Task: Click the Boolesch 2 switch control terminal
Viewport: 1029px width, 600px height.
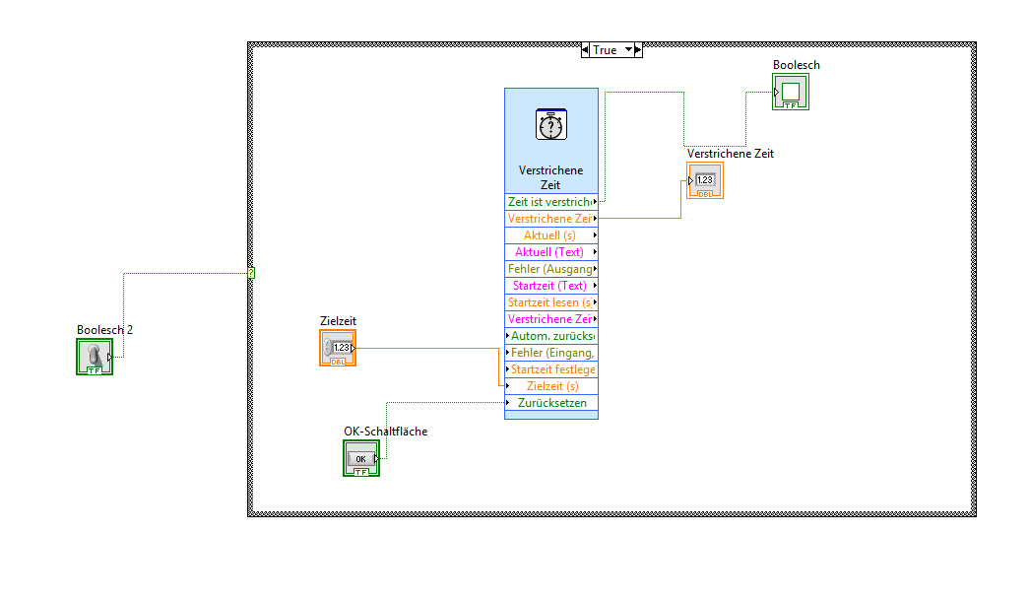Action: click(x=95, y=356)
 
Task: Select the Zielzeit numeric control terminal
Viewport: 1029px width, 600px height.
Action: click(x=338, y=348)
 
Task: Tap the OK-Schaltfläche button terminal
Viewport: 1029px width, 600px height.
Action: click(x=361, y=458)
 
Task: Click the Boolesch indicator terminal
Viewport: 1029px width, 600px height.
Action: click(x=791, y=92)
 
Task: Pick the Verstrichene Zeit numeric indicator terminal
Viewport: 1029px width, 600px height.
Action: click(x=705, y=180)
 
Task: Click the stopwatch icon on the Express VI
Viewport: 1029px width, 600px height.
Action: click(x=550, y=126)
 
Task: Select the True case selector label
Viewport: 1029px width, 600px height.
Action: click(x=606, y=50)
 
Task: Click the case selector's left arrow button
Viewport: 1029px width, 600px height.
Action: click(x=586, y=50)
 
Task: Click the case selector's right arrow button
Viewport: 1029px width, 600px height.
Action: click(x=637, y=50)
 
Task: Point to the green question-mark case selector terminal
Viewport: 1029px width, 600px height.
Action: click(x=251, y=273)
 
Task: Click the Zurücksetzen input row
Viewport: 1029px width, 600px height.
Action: click(x=551, y=403)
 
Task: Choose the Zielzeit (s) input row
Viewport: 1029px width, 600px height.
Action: click(x=551, y=386)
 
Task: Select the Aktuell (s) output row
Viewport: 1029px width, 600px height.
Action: click(x=551, y=235)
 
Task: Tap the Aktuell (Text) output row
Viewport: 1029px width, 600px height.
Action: click(x=551, y=252)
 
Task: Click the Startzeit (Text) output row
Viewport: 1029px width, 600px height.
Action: click(x=551, y=286)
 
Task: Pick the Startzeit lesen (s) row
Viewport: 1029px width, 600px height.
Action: click(x=551, y=302)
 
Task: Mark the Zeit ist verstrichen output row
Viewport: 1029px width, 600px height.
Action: click(x=551, y=202)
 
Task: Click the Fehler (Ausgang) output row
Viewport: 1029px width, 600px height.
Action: click(x=551, y=269)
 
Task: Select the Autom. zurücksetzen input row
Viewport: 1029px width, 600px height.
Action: click(x=551, y=336)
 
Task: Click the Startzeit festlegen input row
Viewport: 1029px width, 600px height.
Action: click(x=551, y=369)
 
